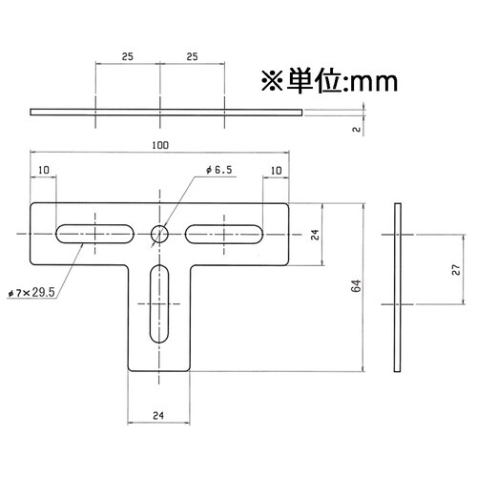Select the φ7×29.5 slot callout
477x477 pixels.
point(30,294)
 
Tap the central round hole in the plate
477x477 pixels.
point(159,232)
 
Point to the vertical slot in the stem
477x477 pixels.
point(159,302)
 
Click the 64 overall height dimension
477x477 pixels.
point(355,286)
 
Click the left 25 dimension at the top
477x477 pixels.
point(127,57)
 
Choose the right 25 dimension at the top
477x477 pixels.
point(192,57)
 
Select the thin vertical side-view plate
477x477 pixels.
point(397,286)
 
